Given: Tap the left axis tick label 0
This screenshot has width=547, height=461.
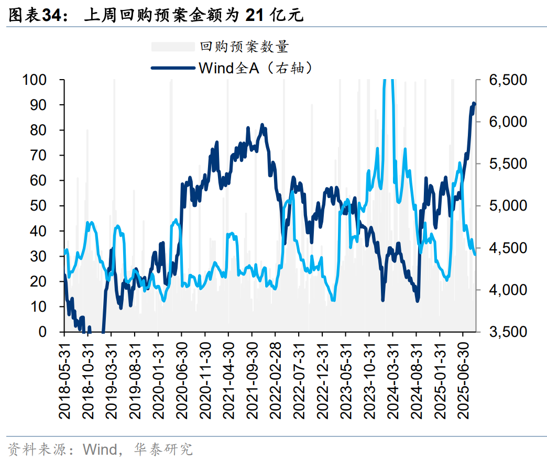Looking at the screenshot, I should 53,332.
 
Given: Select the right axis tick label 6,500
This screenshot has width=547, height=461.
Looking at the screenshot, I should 507,80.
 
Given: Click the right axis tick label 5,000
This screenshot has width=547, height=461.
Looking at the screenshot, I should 507,206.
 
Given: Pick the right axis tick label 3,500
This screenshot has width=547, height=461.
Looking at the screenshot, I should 507,332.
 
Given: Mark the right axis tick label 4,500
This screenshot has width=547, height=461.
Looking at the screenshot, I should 507,248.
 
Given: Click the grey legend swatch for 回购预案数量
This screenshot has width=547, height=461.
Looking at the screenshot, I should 172,47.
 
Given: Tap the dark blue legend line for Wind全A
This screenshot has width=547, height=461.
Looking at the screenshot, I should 172,68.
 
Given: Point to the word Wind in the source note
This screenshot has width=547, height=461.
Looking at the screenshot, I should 100,449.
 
